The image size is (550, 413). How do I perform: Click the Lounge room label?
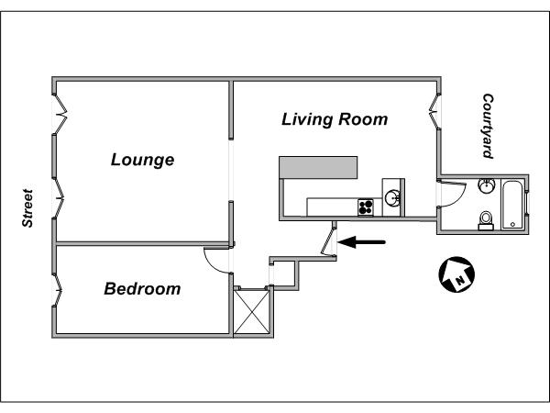(142, 160)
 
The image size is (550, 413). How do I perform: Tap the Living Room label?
(335, 119)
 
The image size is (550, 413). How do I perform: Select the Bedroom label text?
(142, 289)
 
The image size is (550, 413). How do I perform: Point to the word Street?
(27, 208)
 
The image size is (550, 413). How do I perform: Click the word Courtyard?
(488, 126)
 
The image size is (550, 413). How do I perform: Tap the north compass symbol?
(456, 274)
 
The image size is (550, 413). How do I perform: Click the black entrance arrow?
(362, 242)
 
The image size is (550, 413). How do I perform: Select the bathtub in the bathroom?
(512, 205)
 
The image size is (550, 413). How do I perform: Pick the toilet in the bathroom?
(486, 221)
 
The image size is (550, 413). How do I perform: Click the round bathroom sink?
(487, 185)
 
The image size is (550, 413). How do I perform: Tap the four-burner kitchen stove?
(366, 206)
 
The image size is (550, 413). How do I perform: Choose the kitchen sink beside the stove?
(392, 198)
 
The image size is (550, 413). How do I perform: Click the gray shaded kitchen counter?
(318, 168)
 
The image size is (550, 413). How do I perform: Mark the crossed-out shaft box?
(251, 311)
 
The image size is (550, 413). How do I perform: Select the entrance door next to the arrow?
(329, 240)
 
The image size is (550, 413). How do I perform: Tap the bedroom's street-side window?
(57, 290)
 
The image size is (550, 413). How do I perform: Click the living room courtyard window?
(434, 111)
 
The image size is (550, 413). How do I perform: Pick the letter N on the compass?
(460, 280)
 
